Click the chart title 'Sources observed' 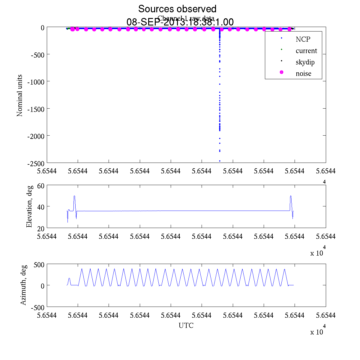pyautogui.click(x=177, y=9)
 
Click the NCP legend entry pyautogui.click(x=303, y=39)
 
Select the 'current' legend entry pyautogui.click(x=306, y=51)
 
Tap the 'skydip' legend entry pyautogui.click(x=305, y=62)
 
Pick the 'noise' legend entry pyautogui.click(x=303, y=73)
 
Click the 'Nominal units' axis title pyautogui.click(x=20, y=95)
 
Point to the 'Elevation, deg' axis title pyautogui.click(x=29, y=206)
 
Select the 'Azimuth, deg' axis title pyautogui.click(x=23, y=285)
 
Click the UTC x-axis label pyautogui.click(x=186, y=325)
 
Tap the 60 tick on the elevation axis pyautogui.click(x=41, y=186)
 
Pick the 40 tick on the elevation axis pyautogui.click(x=41, y=207)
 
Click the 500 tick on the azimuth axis pyautogui.click(x=39, y=265)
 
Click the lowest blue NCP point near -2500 pyautogui.click(x=220, y=161)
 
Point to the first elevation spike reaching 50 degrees pyautogui.click(x=74, y=196)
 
